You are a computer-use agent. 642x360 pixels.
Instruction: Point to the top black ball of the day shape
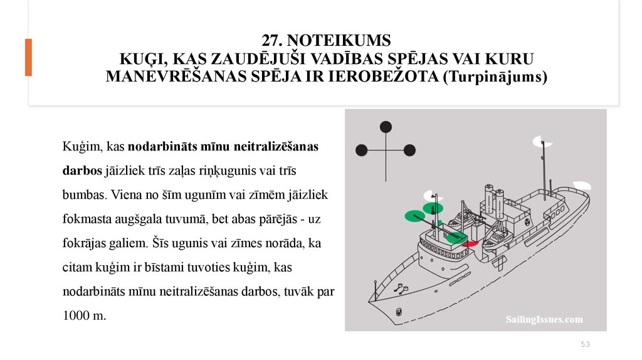click(x=386, y=127)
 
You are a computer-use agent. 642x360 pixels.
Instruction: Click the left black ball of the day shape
click(x=361, y=150)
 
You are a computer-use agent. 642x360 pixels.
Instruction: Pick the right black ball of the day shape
click(x=409, y=150)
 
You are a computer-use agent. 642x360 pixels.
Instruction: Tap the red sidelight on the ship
click(x=471, y=243)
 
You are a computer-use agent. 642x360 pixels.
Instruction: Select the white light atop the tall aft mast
click(x=538, y=142)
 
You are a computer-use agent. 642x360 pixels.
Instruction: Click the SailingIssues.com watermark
click(x=544, y=320)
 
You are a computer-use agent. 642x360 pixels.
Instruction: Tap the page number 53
click(x=586, y=344)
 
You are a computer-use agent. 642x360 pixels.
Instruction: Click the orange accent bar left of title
click(x=28, y=57)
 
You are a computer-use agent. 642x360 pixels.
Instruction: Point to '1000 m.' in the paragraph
click(x=85, y=316)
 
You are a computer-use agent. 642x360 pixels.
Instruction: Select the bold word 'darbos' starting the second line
click(x=82, y=171)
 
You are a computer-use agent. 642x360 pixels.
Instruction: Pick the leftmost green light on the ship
click(x=412, y=216)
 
